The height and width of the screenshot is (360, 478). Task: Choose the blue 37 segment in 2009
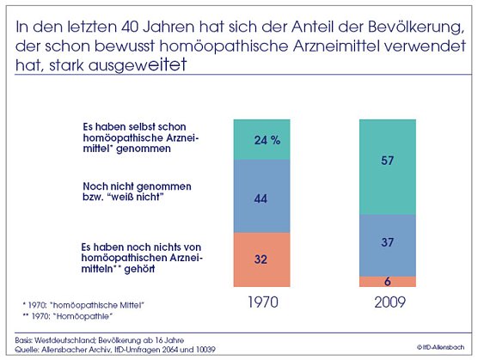[x=388, y=242]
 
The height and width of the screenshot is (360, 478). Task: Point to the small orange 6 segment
[x=388, y=281]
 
